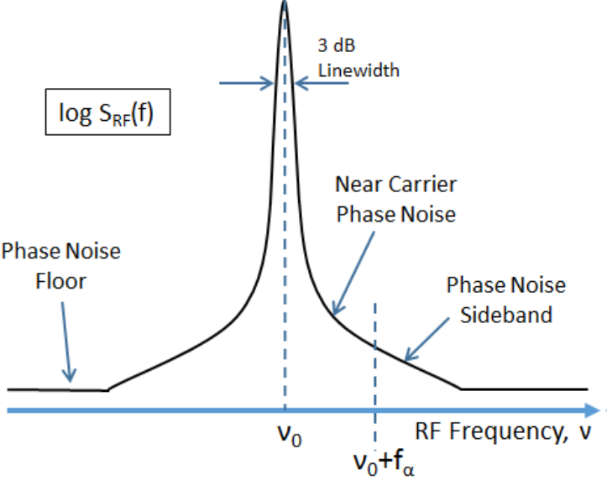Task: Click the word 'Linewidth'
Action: [x=358, y=70]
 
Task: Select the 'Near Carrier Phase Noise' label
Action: [x=395, y=199]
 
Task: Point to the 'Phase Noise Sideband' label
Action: [x=506, y=300]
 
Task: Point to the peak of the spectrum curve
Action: [x=285, y=3]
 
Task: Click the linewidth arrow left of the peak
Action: [x=247, y=83]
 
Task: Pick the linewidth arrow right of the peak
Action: [x=306, y=83]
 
